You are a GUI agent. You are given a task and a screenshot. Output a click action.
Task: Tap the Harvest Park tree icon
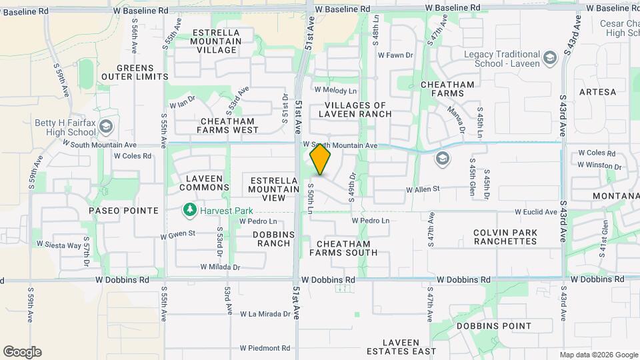(x=190, y=211)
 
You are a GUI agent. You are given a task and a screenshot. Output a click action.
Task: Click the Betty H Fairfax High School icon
(x=105, y=127)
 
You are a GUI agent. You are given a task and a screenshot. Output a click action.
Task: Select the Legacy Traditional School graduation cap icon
(x=549, y=58)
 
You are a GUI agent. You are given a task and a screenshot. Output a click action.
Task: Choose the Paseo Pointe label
(x=123, y=211)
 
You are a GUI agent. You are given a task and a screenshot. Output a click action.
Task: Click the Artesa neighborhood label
(x=597, y=91)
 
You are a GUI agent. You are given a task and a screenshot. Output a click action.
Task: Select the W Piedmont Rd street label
(x=265, y=348)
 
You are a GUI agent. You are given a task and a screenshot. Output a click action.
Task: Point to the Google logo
(x=22, y=352)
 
